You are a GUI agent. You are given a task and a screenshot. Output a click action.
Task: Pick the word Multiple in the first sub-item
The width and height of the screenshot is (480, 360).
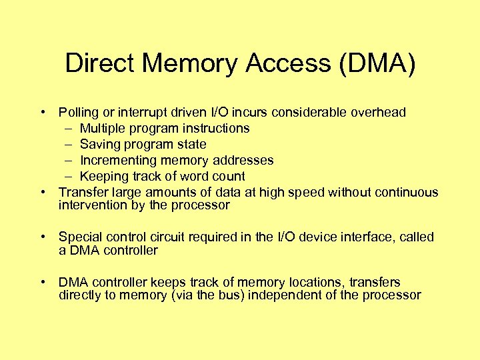[102, 128]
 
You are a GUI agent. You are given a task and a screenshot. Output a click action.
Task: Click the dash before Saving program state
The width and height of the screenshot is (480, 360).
[70, 144]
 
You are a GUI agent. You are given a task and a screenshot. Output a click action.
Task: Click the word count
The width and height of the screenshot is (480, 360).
[229, 177]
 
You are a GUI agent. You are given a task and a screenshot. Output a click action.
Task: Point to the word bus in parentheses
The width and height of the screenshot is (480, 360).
[226, 295]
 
